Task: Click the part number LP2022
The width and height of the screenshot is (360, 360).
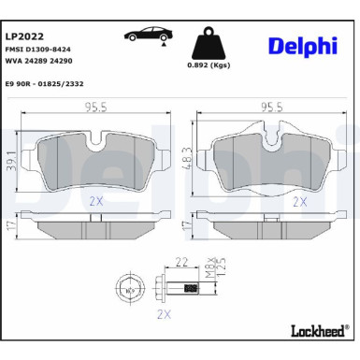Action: pos(25,36)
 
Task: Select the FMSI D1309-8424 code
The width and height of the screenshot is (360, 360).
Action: pos(44,50)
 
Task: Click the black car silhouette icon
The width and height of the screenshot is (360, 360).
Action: pos(148,35)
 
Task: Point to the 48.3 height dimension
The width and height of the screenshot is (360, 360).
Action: pos(189,154)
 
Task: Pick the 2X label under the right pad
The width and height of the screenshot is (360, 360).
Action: pos(300,200)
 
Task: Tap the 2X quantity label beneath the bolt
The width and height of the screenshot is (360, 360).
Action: pos(165,314)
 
